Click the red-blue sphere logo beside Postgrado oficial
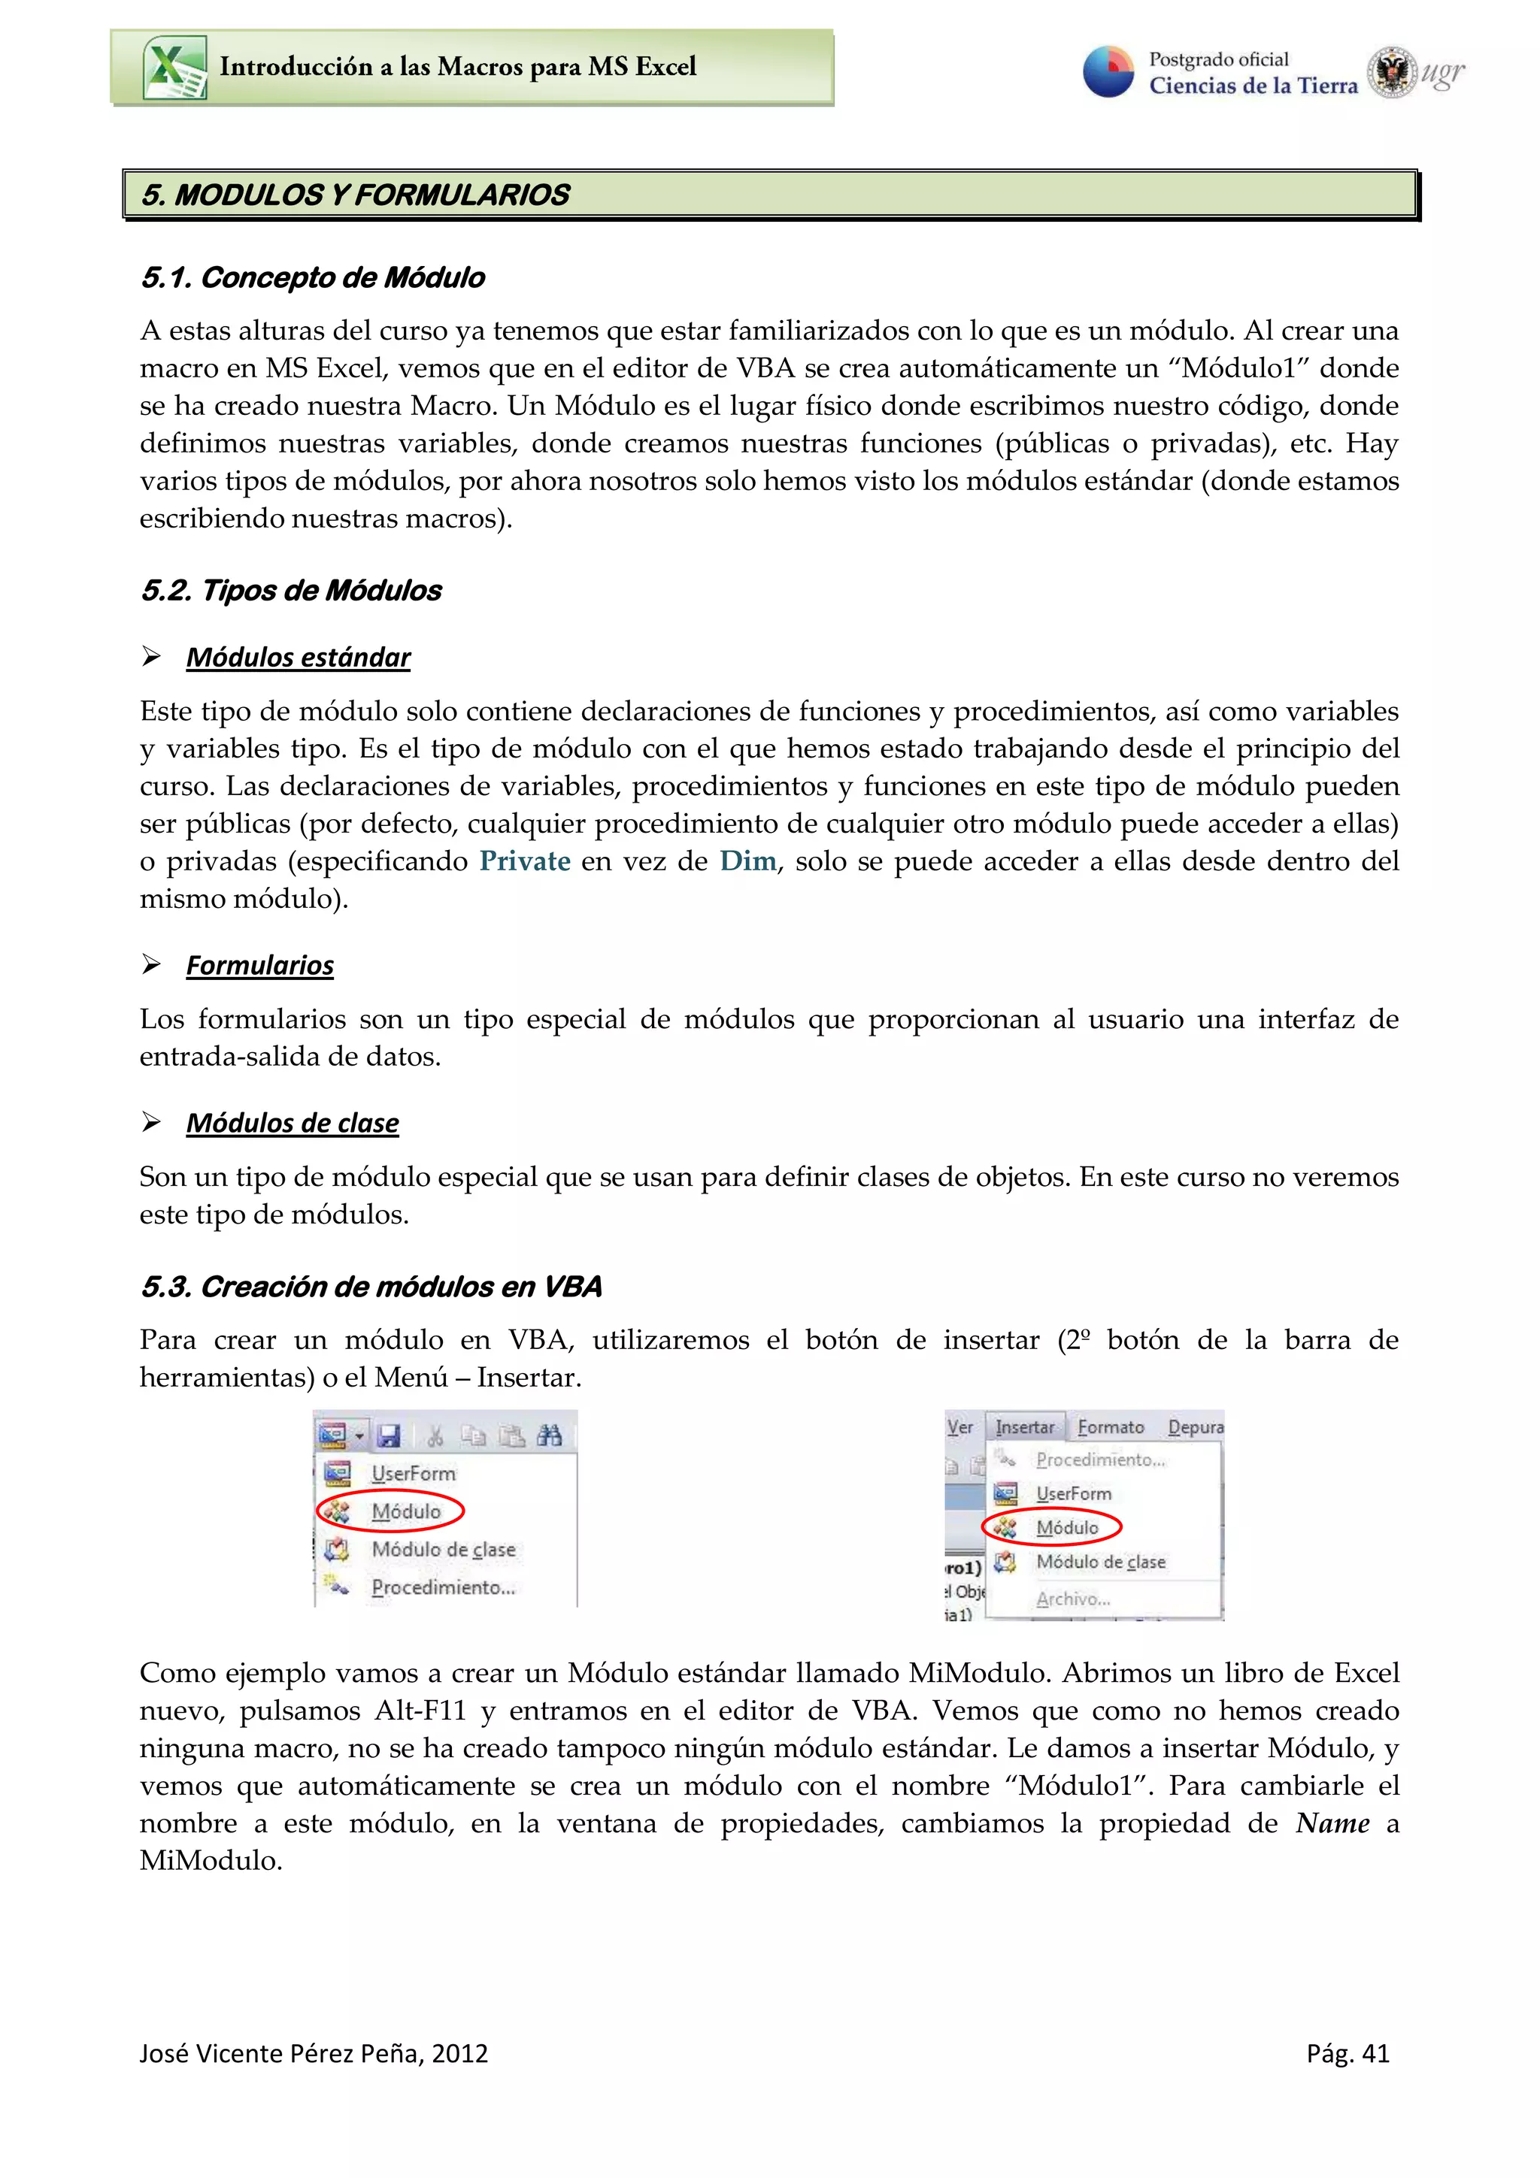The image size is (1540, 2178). tap(1108, 72)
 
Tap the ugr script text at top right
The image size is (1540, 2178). tap(1441, 73)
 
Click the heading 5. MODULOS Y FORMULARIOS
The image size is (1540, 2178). tap(356, 195)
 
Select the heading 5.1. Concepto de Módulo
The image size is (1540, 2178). tap(312, 278)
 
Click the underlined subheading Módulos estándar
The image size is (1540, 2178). tap(298, 658)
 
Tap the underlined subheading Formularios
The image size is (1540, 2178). tap(260, 966)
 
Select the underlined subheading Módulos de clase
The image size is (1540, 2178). tap(293, 1123)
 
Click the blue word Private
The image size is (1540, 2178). tap(525, 861)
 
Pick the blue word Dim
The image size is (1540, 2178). tap(747, 861)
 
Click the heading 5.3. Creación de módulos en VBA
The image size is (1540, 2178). tap(371, 1287)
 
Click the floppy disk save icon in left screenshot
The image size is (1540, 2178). tap(389, 1436)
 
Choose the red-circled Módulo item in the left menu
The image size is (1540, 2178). tap(405, 1512)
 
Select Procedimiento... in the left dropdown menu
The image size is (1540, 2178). tap(443, 1588)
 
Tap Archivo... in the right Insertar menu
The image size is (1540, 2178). tap(1072, 1599)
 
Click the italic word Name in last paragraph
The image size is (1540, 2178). tap(1332, 1823)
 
